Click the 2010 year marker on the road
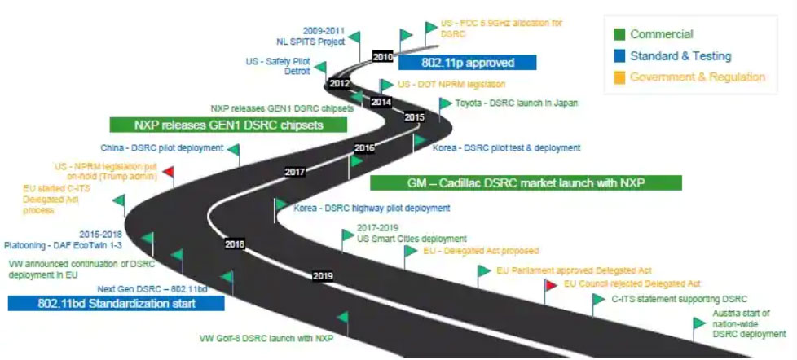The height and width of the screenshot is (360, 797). [383, 57]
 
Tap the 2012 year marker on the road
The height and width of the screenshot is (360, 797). [340, 83]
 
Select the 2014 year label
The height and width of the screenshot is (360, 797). [381, 102]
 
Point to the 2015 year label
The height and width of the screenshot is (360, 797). [415, 117]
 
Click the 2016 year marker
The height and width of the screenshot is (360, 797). [363, 148]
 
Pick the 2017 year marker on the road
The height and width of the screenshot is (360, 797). [294, 172]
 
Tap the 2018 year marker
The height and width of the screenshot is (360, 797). [235, 244]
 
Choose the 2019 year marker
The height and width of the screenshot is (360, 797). [323, 276]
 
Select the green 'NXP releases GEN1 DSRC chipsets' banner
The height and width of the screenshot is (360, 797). [229, 125]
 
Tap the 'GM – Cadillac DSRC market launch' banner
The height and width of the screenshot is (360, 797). [526, 183]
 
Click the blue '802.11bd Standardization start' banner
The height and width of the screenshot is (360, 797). [117, 305]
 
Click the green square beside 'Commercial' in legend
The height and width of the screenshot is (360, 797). [619, 34]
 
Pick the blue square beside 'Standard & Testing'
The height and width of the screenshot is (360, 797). [619, 56]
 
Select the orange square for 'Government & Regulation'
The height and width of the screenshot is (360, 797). [619, 77]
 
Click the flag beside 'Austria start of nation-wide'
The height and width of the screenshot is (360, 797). [699, 323]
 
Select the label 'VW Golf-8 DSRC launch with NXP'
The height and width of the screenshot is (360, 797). [266, 337]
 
